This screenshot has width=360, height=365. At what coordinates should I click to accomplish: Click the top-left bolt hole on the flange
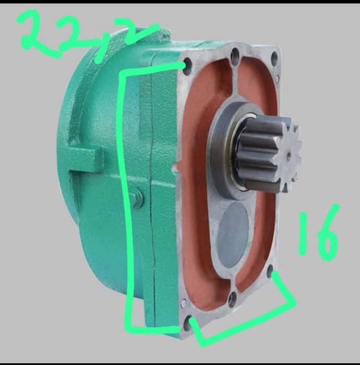[x=188, y=66]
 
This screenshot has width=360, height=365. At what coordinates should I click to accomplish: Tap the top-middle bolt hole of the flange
[x=235, y=54]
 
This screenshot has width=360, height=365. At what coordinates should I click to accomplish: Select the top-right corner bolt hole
[x=274, y=56]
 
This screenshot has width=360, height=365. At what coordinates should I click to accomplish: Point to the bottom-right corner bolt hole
[x=270, y=270]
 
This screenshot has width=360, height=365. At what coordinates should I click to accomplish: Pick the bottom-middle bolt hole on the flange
[x=233, y=298]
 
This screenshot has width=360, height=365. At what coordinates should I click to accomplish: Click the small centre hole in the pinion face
[x=289, y=154]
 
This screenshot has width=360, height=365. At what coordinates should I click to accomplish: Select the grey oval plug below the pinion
[x=232, y=234]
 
